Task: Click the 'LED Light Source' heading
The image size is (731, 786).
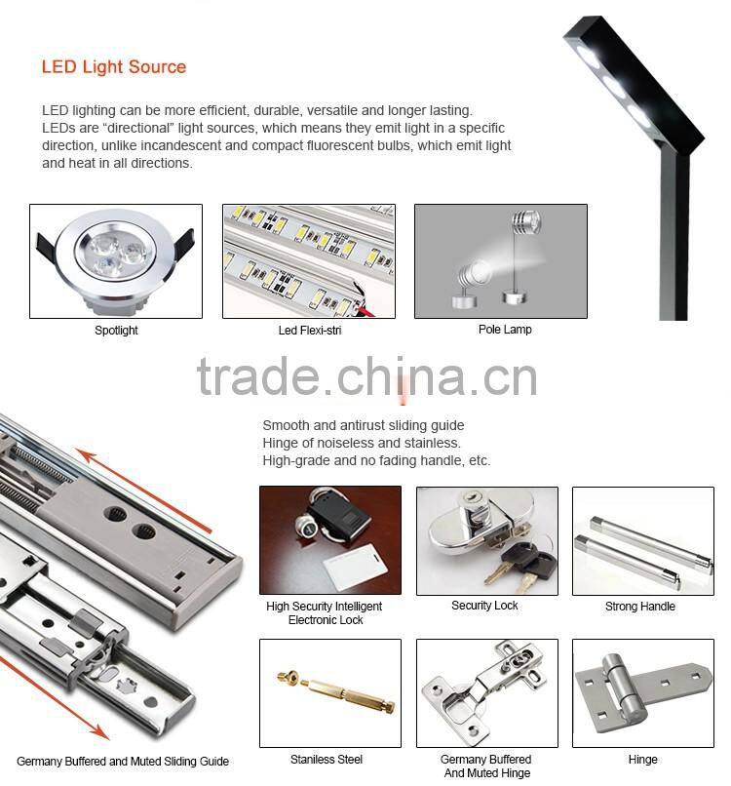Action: click(x=114, y=66)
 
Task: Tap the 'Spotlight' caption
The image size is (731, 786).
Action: click(x=116, y=330)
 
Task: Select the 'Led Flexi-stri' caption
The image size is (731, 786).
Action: click(x=310, y=330)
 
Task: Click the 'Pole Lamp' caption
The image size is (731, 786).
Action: click(x=505, y=330)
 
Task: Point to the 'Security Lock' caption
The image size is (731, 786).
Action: click(x=484, y=605)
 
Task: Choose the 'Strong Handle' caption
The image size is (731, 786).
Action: click(x=639, y=606)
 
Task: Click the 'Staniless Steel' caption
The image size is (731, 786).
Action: click(x=327, y=760)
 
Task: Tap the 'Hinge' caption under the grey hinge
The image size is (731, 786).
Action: click(x=643, y=760)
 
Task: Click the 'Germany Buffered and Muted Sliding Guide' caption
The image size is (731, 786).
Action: click(x=123, y=761)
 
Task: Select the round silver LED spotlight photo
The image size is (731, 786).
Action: click(x=116, y=261)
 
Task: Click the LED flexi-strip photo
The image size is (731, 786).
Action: click(x=309, y=261)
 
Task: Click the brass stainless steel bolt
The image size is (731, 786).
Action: click(x=336, y=691)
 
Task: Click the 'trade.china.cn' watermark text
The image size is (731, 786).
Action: click(x=366, y=377)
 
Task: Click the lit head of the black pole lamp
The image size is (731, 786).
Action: click(x=634, y=85)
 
